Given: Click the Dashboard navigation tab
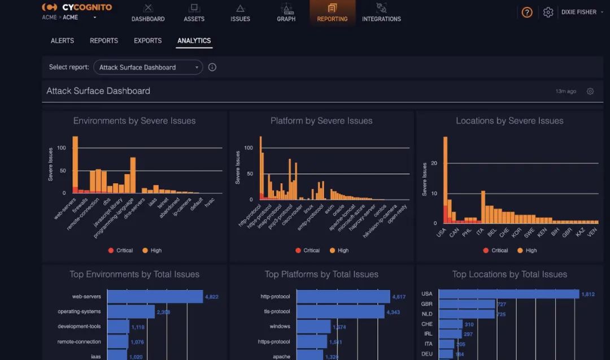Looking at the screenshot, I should (148, 12).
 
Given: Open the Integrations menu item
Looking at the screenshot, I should (381, 12).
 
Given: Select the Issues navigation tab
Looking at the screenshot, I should (240, 12).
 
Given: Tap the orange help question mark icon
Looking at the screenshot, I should (527, 12).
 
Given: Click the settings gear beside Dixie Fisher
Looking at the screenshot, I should (548, 12).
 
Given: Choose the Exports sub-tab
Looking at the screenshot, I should (147, 41).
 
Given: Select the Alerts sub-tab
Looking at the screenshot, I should (62, 41).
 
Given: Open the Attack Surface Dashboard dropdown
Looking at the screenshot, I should (148, 67).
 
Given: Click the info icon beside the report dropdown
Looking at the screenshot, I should (212, 67).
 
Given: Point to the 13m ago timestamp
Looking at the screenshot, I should (566, 91).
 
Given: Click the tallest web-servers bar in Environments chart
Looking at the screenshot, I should (75, 164).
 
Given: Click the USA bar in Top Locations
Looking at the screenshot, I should (509, 294).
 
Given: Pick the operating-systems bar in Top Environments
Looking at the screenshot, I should (131, 311).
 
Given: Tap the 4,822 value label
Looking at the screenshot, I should (211, 297).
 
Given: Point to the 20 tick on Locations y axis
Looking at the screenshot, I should (433, 163).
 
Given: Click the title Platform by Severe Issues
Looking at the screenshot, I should (321, 120).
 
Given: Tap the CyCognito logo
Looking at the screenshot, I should (77, 7).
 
